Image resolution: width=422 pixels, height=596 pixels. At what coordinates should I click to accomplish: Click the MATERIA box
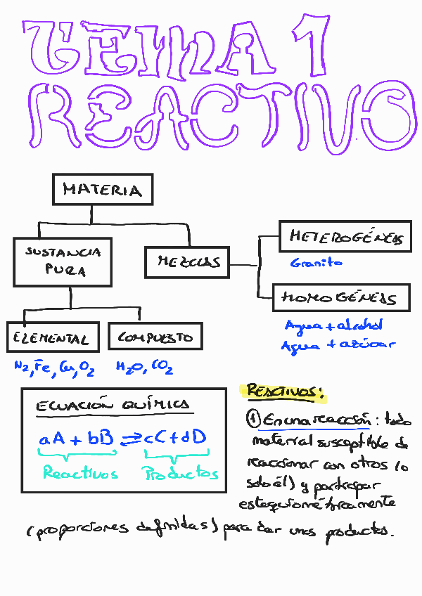point(103,190)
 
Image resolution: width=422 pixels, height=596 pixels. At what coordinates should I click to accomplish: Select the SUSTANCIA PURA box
point(63,261)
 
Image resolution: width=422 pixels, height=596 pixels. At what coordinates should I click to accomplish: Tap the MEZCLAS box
point(188,262)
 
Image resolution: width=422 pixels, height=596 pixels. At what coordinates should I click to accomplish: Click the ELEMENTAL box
point(51,339)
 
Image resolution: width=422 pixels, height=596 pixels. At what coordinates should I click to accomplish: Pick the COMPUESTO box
point(155,337)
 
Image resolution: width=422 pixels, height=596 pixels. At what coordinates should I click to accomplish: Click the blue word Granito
point(316,263)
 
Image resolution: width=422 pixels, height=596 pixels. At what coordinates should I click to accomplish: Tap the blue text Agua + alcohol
point(333,326)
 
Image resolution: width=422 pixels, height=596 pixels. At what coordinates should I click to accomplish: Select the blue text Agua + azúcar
point(338,345)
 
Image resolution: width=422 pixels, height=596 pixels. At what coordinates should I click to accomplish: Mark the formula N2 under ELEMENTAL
point(20,366)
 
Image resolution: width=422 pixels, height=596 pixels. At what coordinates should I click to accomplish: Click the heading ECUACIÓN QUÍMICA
point(113,405)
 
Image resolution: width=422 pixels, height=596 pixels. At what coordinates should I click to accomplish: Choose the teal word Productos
point(181,474)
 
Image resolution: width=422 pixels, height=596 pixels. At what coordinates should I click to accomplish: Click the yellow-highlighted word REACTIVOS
point(283,392)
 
